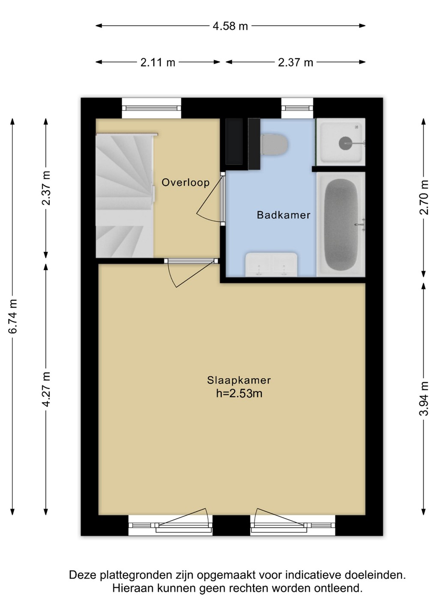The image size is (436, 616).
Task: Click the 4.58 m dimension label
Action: (x=230, y=26)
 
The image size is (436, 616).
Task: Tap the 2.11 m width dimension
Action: (x=158, y=63)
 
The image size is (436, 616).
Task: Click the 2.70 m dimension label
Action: (x=424, y=197)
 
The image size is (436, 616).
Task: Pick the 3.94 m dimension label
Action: (x=424, y=398)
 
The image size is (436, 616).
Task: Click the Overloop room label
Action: (x=185, y=182)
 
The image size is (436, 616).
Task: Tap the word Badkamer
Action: (x=284, y=215)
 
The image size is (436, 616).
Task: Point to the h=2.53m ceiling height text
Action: (x=239, y=393)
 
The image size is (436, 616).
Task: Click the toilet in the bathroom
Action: (x=274, y=144)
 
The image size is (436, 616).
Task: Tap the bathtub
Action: (x=341, y=224)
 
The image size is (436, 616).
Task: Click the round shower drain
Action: (x=345, y=143)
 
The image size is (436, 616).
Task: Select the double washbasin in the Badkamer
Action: (x=272, y=264)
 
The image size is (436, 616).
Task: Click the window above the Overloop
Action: (x=152, y=108)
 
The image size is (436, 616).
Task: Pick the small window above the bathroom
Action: (x=297, y=108)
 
